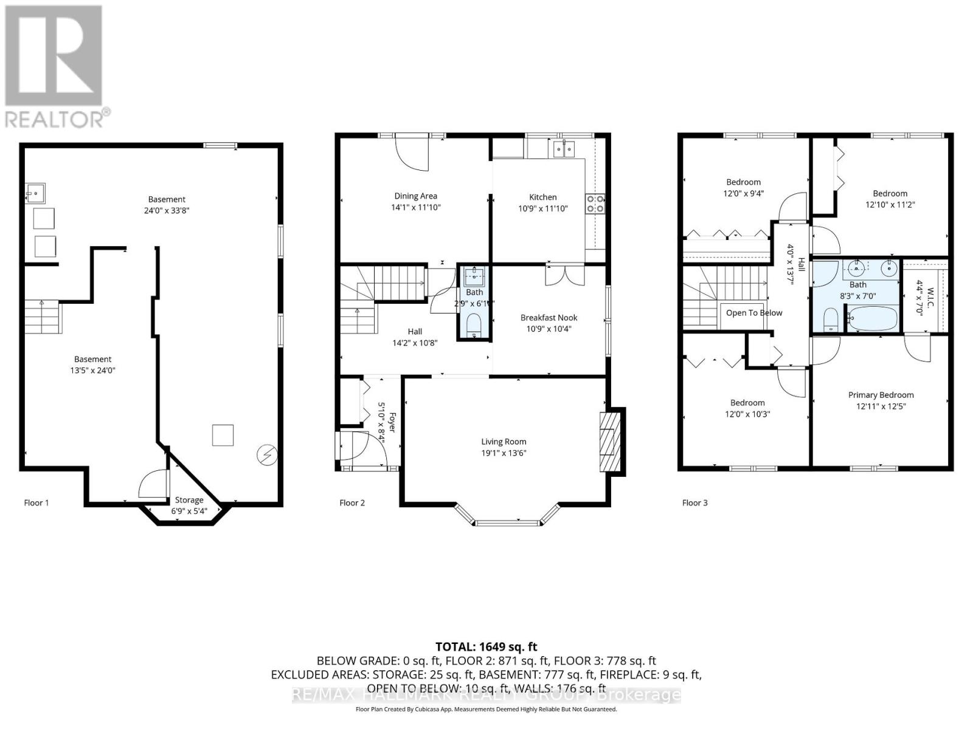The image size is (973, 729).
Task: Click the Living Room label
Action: pyautogui.click(x=504, y=442)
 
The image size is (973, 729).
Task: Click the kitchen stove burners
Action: pyautogui.click(x=595, y=204)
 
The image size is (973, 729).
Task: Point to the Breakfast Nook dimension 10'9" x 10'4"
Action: pyautogui.click(x=549, y=329)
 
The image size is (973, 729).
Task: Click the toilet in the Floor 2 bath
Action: pyautogui.click(x=474, y=325)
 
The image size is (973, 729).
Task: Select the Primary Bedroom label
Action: pyautogui.click(x=881, y=395)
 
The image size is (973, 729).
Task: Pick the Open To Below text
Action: pyautogui.click(x=754, y=313)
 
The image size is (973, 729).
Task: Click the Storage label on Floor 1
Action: pyautogui.click(x=189, y=500)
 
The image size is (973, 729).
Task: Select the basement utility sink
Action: pyautogui.click(x=35, y=194)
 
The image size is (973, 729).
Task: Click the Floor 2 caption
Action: pyautogui.click(x=352, y=502)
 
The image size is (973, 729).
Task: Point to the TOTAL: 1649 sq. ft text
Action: pyautogui.click(x=486, y=647)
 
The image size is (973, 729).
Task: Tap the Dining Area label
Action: pyautogui.click(x=415, y=196)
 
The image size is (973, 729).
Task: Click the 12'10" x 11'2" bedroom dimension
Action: pyautogui.click(x=890, y=205)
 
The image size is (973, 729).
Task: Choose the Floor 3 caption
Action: pyautogui.click(x=694, y=502)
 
